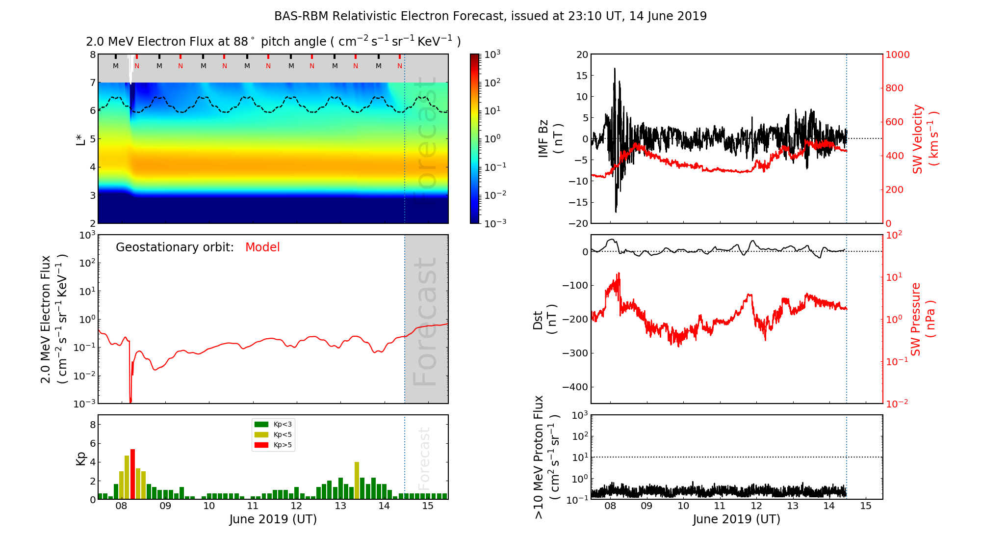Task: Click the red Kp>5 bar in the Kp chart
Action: pos(132,474)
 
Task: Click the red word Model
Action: pos(262,247)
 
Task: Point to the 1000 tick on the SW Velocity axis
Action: pos(898,55)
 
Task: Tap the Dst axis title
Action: pos(544,320)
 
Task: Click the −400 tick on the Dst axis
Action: pos(575,387)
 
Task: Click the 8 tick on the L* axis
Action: pos(92,54)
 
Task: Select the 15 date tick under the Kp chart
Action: pos(428,507)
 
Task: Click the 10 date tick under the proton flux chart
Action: pos(683,507)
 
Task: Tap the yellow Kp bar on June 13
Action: pos(357,480)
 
